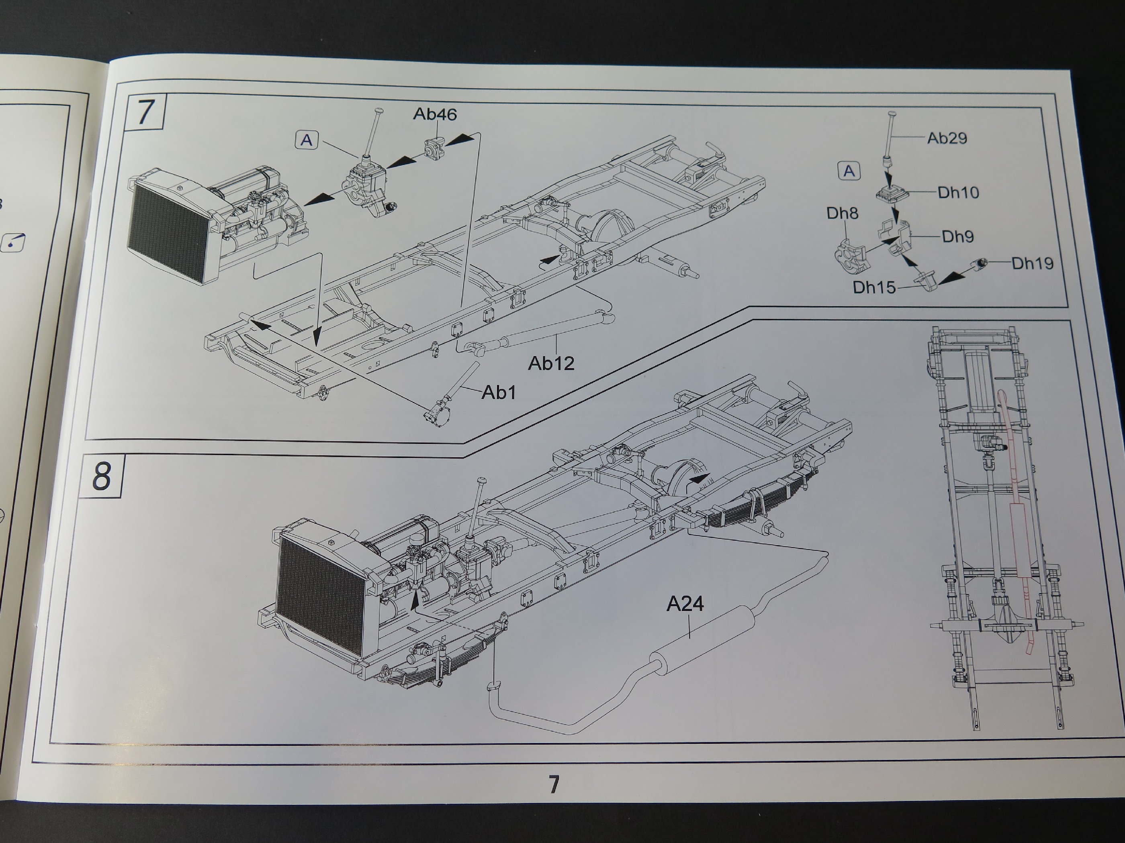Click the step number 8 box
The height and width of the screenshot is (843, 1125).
[x=102, y=476]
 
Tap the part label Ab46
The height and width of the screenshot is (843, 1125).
[x=434, y=114]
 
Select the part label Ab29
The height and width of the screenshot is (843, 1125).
[x=947, y=138]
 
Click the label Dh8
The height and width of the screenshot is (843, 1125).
[x=842, y=214]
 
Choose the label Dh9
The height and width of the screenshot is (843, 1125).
[x=957, y=236]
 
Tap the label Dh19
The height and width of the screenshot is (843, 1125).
[x=1032, y=263]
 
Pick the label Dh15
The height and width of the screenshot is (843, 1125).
[x=874, y=287]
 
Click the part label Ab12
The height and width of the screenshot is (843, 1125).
[x=551, y=363]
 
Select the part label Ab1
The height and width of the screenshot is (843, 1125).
[x=499, y=392]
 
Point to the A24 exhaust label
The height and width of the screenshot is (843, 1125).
[x=685, y=604]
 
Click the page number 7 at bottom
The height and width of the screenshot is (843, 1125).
[x=554, y=784]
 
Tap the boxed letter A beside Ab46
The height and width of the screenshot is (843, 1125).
[x=307, y=140]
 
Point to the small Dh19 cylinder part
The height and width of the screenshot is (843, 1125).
[x=979, y=263]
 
